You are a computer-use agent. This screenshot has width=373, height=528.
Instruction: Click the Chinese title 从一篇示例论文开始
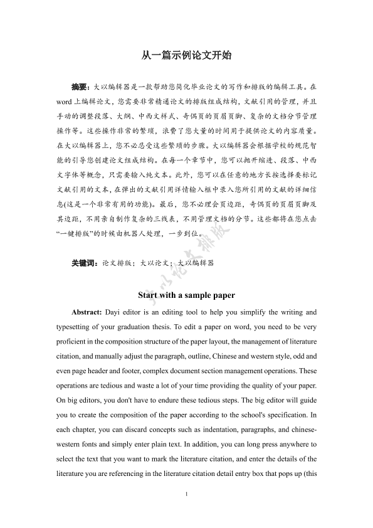click(x=186, y=55)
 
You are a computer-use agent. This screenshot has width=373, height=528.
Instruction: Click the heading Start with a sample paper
click(x=186, y=295)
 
